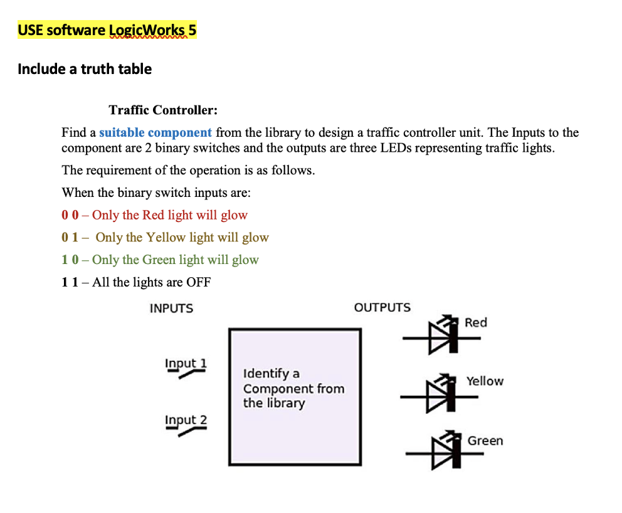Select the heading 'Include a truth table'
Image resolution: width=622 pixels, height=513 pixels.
coord(85,69)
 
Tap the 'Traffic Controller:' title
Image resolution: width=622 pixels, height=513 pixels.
coord(163,110)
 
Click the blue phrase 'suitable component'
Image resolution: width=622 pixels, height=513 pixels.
coord(155,132)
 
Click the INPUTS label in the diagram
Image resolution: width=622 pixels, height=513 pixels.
coord(171,309)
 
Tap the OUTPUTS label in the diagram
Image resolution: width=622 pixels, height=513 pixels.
coord(382,308)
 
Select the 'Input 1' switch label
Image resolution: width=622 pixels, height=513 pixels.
coord(186,363)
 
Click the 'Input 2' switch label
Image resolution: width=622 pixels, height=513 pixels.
coord(186,420)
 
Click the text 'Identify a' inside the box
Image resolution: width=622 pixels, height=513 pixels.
coord(271,374)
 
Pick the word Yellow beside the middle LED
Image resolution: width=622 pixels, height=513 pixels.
coord(485,381)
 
